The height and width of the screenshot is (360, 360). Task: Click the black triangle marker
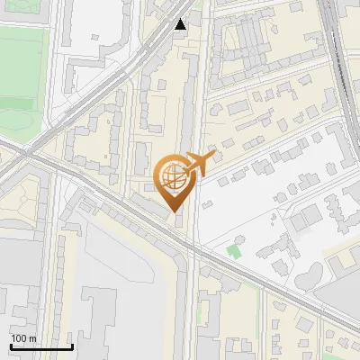[181, 24]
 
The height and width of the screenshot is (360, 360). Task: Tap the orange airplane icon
[200, 164]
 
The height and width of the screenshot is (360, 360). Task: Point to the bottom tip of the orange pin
[173, 212]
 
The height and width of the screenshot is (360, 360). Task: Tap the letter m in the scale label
[33, 338]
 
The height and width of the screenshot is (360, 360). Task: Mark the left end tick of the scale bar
[11, 346]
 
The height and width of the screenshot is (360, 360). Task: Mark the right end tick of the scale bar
[72, 346]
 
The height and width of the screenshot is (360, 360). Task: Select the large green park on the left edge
[20, 81]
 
